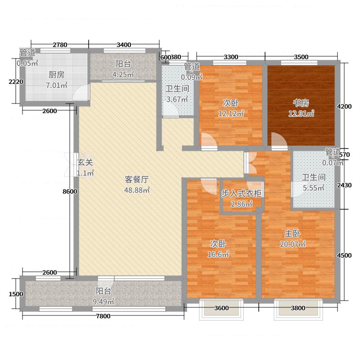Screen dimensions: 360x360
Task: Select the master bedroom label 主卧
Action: pyautogui.click(x=292, y=234)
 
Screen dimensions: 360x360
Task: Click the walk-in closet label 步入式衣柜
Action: pyautogui.click(x=242, y=193)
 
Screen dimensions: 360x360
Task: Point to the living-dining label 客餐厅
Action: pyautogui.click(x=137, y=179)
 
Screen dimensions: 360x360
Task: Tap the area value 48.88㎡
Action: pyautogui.click(x=137, y=190)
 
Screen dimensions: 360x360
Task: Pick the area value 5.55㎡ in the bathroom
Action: pyautogui.click(x=313, y=189)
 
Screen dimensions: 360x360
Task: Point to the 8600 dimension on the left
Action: pyautogui.click(x=70, y=192)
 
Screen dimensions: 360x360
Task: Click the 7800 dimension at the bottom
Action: pyautogui.click(x=103, y=316)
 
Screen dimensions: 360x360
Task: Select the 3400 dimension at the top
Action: pyautogui.click(x=123, y=45)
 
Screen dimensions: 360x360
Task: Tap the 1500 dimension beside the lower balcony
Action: pyautogui.click(x=16, y=294)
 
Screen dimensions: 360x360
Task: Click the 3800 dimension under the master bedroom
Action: pyautogui.click(x=298, y=308)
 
